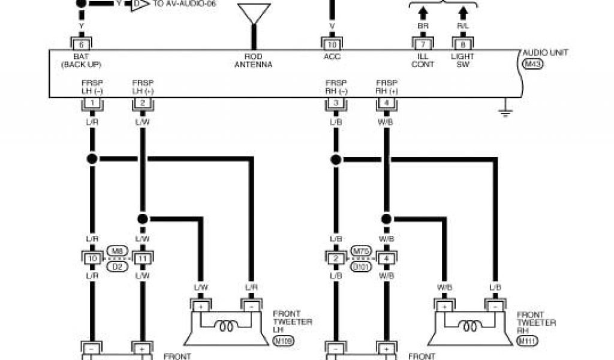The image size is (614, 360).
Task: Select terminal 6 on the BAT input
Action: pos(81,44)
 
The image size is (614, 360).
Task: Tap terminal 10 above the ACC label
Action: pos(332,44)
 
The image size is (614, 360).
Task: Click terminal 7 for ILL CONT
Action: pos(422,44)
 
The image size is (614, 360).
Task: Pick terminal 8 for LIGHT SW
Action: pos(462,44)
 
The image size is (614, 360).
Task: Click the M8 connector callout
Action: pos(116,251)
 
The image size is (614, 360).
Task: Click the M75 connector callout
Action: pos(360,251)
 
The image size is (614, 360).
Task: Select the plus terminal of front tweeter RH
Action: pos(444,307)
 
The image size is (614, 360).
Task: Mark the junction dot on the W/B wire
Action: pos(386,219)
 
